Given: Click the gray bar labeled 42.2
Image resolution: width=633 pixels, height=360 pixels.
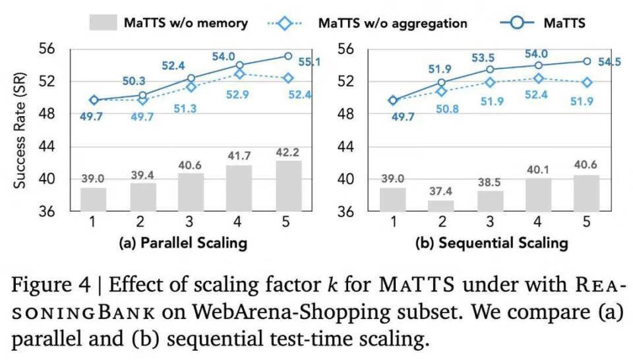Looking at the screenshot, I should pyautogui.click(x=287, y=186).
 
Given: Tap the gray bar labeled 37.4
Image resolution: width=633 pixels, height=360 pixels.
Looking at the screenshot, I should pyautogui.click(x=442, y=205).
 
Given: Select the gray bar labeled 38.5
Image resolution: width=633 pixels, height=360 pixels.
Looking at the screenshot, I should pyautogui.click(x=490, y=201).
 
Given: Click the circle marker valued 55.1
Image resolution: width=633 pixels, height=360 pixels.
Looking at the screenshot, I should pyautogui.click(x=287, y=56).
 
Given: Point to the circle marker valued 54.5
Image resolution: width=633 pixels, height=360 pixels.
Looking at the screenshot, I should pyautogui.click(x=586, y=61).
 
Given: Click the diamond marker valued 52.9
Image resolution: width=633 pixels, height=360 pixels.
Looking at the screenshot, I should pyautogui.click(x=239, y=74).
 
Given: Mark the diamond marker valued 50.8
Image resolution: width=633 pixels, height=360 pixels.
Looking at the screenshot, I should pyautogui.click(x=442, y=91).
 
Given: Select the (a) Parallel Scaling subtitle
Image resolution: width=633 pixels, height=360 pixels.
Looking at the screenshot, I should pyautogui.click(x=183, y=243).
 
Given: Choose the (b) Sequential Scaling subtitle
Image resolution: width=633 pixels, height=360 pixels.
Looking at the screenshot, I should pyautogui.click(x=491, y=243).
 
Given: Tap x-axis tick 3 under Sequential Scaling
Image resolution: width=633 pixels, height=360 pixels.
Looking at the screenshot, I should pyautogui.click(x=490, y=222).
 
